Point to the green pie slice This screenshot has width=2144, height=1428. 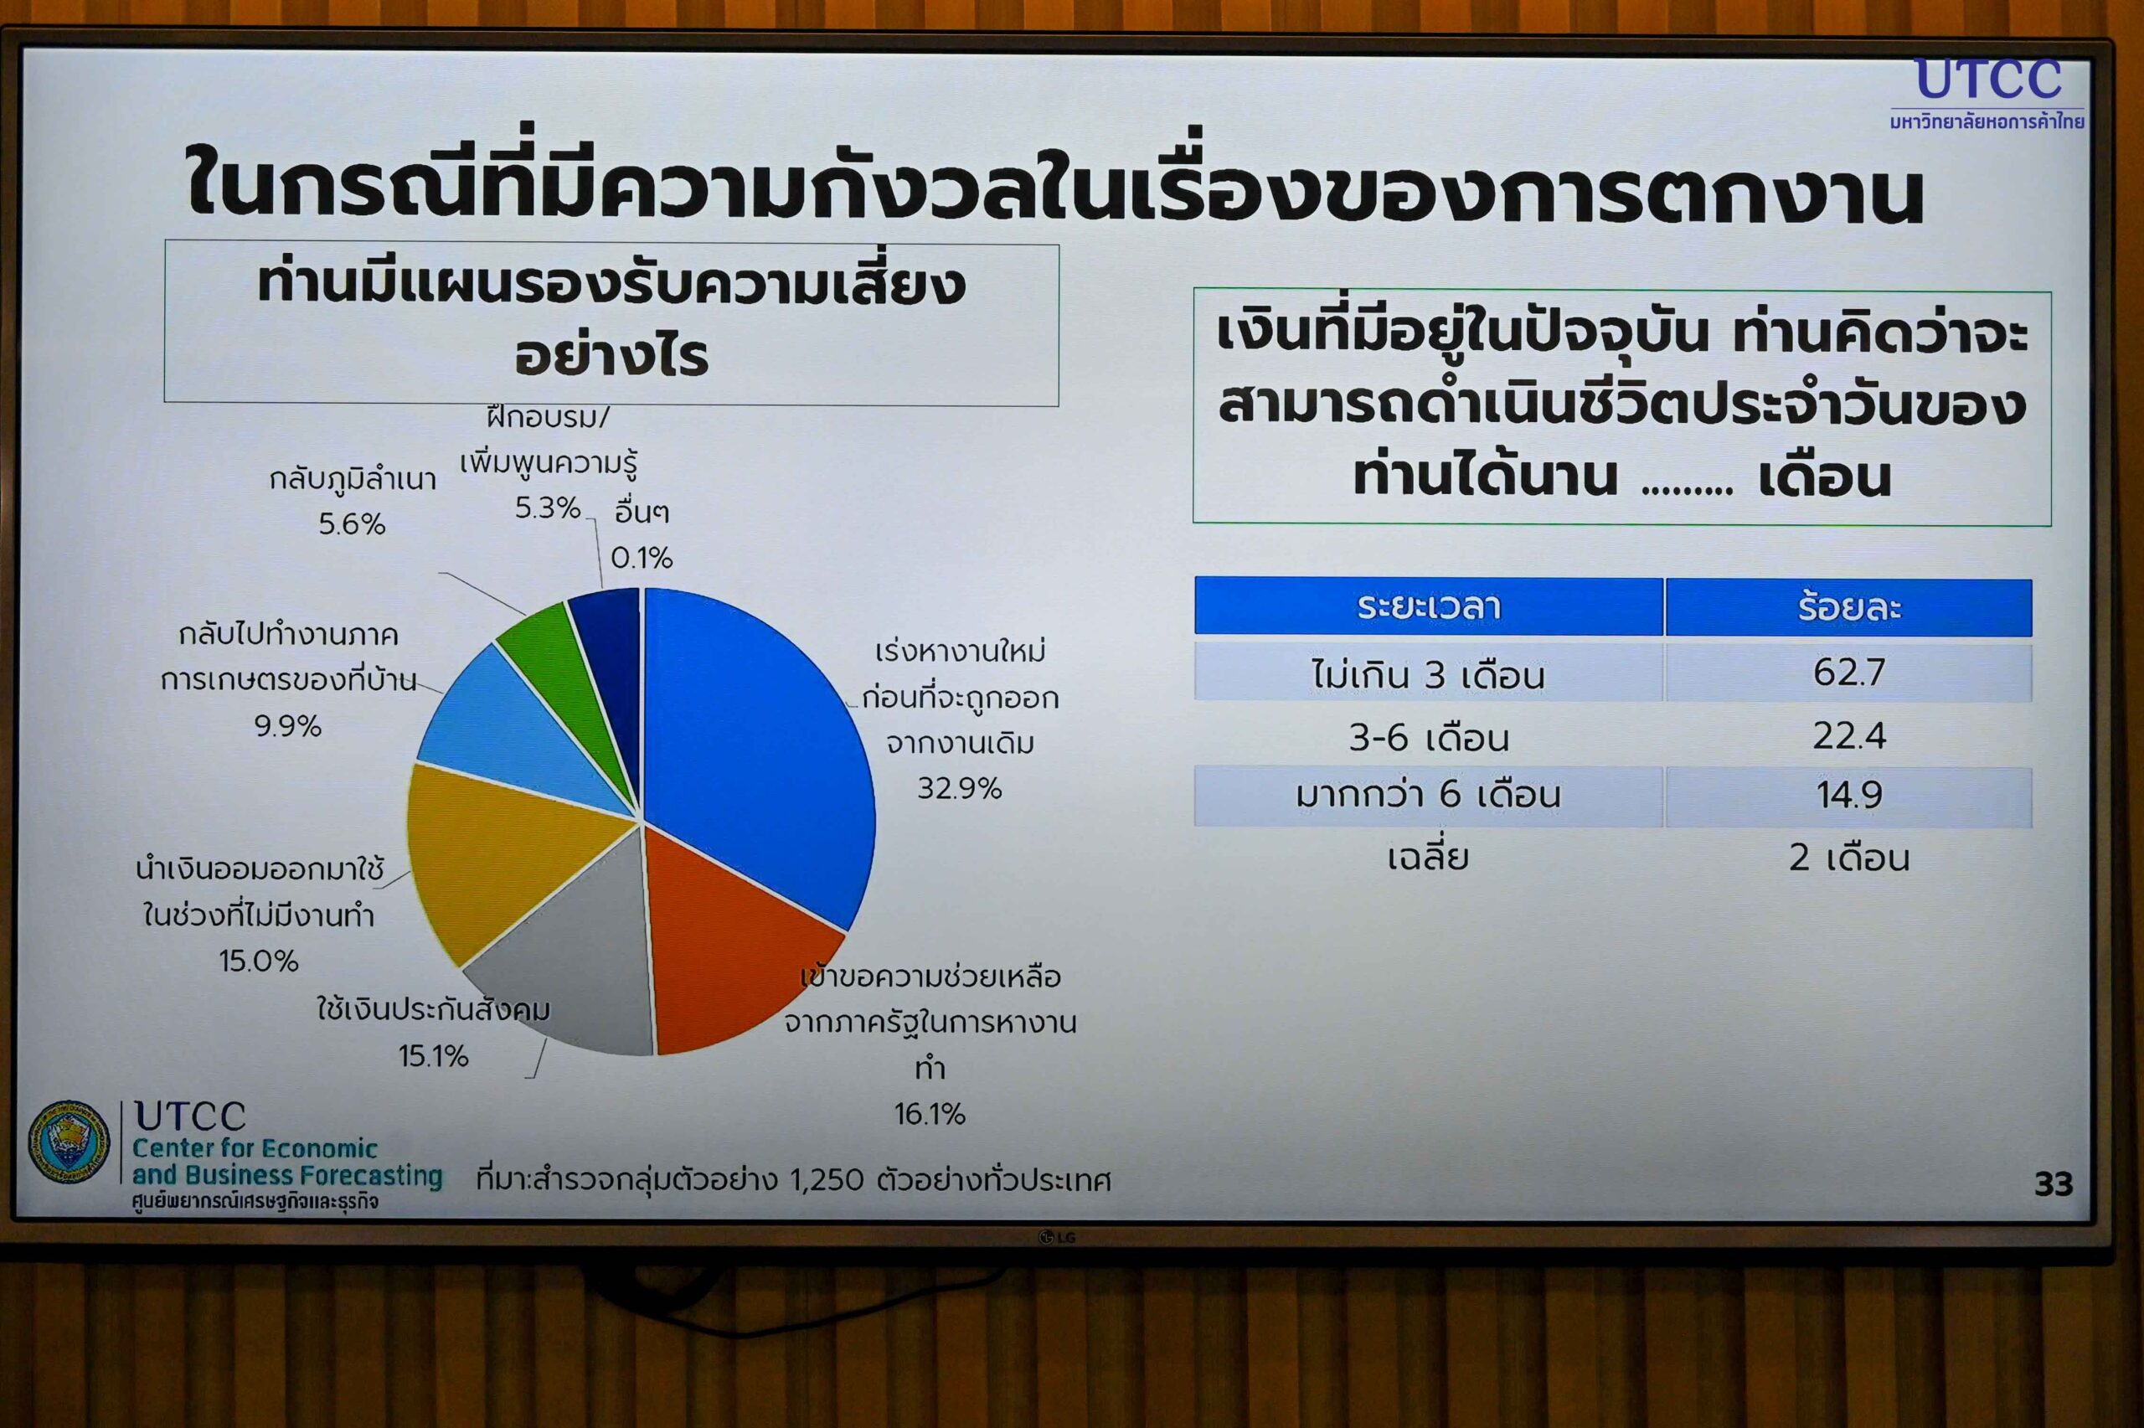[x=555, y=674]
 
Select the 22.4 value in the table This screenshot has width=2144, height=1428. [x=1849, y=735]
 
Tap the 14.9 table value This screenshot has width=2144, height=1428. [x=1849, y=794]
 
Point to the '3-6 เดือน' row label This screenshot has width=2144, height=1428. [x=1429, y=737]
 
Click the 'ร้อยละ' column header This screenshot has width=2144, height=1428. [x=1849, y=606]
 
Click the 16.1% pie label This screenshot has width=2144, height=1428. [x=930, y=1113]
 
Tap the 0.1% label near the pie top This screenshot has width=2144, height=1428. [x=642, y=556]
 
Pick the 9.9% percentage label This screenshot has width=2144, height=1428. [x=288, y=726]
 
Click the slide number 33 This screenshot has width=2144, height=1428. [x=2054, y=1184]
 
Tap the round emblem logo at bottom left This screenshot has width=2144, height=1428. [x=70, y=1142]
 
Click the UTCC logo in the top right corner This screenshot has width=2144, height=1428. [x=1987, y=93]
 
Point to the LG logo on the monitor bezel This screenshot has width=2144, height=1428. [x=1058, y=1238]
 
